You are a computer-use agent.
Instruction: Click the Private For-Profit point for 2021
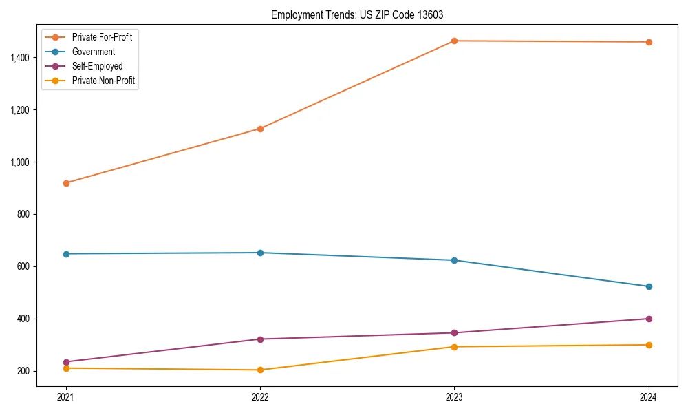66,183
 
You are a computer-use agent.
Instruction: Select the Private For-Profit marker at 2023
454,41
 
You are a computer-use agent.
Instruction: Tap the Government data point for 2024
648,286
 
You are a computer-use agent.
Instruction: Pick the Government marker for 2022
260,253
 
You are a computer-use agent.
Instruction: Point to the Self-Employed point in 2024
648,319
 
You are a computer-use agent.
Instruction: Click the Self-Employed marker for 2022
260,339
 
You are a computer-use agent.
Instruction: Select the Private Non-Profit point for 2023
454,347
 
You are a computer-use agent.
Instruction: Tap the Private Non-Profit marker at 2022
260,370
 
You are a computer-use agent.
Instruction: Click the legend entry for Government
93,52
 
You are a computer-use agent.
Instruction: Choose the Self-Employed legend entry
97,66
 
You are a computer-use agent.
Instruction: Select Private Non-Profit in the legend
103,81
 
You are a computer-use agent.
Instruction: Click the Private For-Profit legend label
102,37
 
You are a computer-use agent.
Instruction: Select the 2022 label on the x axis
260,397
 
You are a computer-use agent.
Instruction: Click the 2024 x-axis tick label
648,397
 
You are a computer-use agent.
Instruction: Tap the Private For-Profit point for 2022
260,129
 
